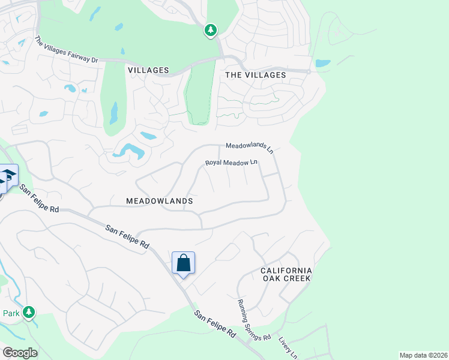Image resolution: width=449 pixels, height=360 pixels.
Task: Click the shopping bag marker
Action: [x=183, y=263]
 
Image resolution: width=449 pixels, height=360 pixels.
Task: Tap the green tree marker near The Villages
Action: [x=210, y=29]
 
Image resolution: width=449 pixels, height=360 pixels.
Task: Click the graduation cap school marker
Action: [x=8, y=176]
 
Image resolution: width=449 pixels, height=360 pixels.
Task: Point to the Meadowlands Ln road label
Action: [x=249, y=146]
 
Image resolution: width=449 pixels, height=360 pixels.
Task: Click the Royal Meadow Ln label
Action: [x=231, y=163]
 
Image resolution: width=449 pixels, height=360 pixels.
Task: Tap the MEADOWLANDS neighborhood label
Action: [x=160, y=201]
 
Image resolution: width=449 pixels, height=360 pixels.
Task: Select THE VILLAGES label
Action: [x=255, y=75]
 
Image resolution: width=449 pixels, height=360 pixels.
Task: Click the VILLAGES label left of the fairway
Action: [x=148, y=70]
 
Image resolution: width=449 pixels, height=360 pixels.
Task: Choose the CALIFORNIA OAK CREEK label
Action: [x=286, y=274]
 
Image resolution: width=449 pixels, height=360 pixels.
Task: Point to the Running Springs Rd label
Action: [x=253, y=320]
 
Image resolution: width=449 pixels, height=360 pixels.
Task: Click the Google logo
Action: [x=20, y=353]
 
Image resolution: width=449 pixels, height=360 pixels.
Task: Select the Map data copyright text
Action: [x=423, y=355]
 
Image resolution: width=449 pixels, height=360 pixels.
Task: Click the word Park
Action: [x=11, y=313]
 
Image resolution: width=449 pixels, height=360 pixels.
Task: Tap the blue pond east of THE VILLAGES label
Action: [x=322, y=63]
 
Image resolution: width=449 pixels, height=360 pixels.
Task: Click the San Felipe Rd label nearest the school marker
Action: [x=39, y=199]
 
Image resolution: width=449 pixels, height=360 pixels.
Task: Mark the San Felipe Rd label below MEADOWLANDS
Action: [x=127, y=237]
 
